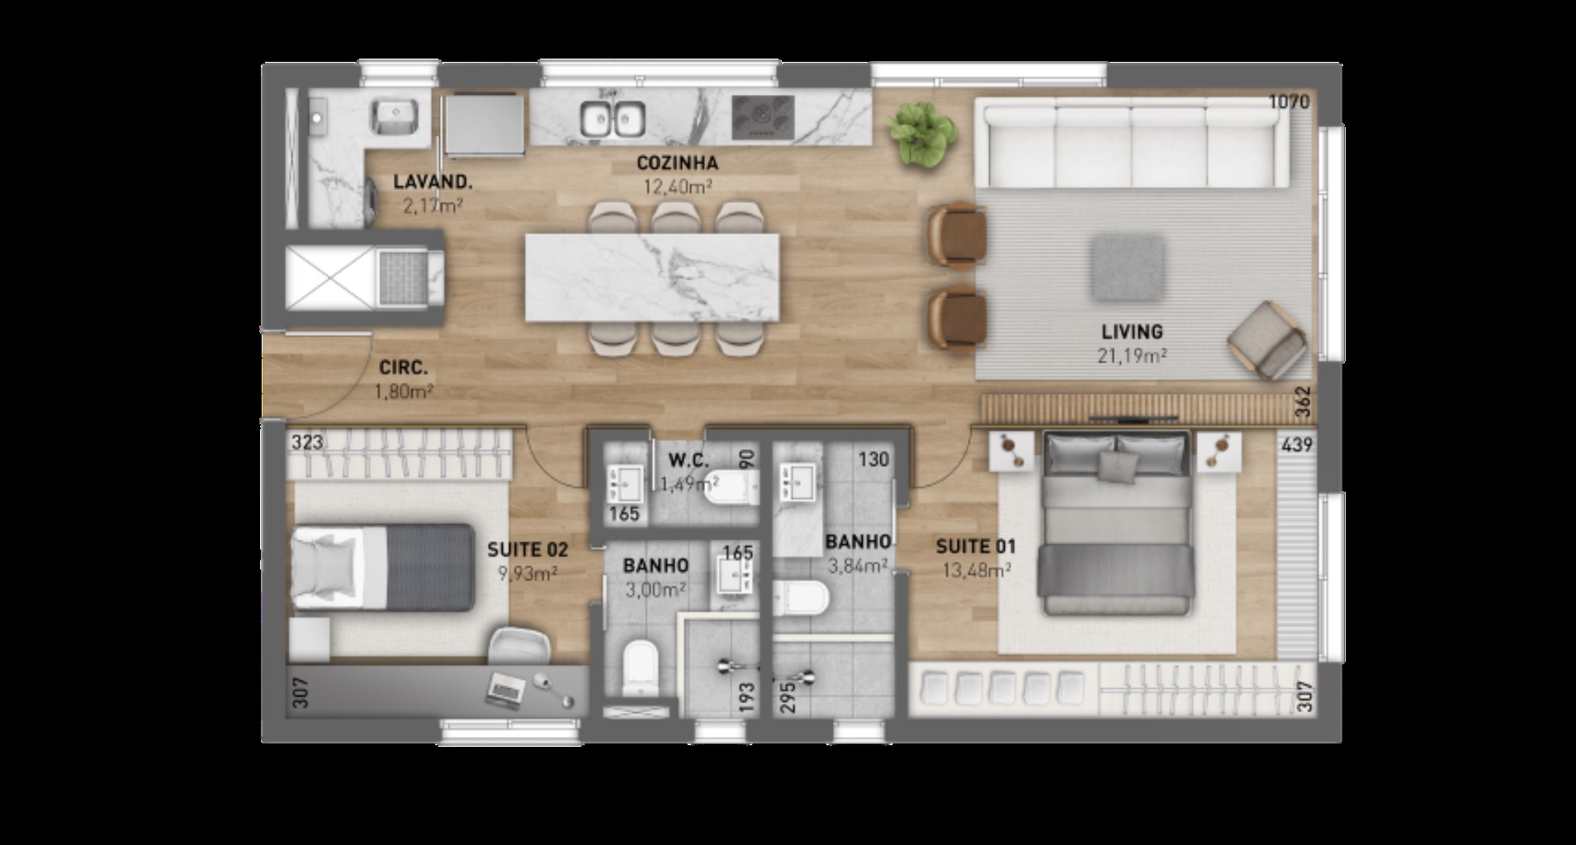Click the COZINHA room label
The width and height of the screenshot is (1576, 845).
coord(677,163)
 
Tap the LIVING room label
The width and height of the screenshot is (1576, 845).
coord(1132,332)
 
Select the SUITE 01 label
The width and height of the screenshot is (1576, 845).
coord(976,546)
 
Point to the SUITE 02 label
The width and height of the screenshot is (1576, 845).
coord(528,550)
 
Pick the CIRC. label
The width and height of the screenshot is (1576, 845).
coord(404,368)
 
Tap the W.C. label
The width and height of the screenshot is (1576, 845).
coord(689,460)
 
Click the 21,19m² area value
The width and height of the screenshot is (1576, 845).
coord(1132,356)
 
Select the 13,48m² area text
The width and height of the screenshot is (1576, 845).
coord(977,570)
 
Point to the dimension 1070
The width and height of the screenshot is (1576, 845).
coord(1289,101)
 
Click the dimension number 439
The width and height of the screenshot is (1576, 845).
coord(1297,445)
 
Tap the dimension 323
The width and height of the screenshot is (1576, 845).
coord(307,442)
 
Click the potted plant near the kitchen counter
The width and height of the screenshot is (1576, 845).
coord(921,135)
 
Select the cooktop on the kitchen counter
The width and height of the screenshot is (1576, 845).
coord(764,118)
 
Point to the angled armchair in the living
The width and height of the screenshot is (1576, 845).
coord(1266,339)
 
